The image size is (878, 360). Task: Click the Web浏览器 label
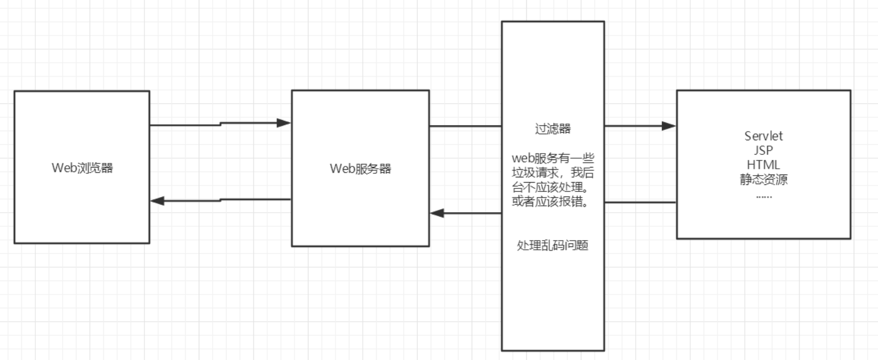click(x=82, y=168)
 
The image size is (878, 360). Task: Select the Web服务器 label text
click(x=360, y=169)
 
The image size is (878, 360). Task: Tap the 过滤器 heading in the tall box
click(x=553, y=129)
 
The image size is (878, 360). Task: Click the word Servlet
click(x=763, y=136)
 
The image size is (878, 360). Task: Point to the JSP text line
click(x=763, y=150)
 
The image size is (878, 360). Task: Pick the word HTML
click(x=763, y=165)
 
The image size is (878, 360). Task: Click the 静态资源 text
click(x=763, y=179)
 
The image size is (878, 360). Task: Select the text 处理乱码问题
click(x=553, y=245)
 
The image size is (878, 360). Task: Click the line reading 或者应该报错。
click(x=553, y=201)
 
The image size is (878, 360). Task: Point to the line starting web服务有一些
click(x=553, y=158)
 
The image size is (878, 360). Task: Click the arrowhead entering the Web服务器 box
click(x=283, y=123)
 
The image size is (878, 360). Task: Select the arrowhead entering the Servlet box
click(x=669, y=126)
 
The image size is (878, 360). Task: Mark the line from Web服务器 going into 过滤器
click(x=465, y=126)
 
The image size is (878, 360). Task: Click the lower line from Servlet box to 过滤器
click(x=640, y=202)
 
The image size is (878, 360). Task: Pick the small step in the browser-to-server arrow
click(x=220, y=124)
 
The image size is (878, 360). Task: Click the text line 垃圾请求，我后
click(x=553, y=172)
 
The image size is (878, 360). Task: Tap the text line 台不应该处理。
click(x=553, y=187)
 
